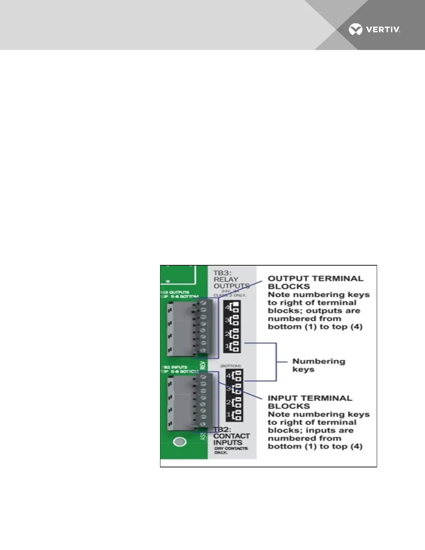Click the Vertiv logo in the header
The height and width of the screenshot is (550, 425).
click(x=374, y=30)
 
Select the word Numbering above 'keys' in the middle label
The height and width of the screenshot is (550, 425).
click(x=319, y=361)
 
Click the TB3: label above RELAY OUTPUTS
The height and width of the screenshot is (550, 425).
click(x=223, y=272)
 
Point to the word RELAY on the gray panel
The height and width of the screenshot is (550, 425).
click(x=226, y=279)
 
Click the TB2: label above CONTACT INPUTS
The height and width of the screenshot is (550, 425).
click(x=222, y=430)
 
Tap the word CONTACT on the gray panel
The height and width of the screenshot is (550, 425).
click(x=232, y=436)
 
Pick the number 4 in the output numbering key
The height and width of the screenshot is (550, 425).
click(x=227, y=307)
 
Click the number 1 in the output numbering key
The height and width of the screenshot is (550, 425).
click(x=227, y=346)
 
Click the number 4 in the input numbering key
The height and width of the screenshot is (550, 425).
click(x=228, y=376)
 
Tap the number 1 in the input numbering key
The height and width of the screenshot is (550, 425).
click(x=228, y=415)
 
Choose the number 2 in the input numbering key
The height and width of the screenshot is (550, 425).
click(x=228, y=402)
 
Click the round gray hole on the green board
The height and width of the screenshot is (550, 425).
click(x=180, y=442)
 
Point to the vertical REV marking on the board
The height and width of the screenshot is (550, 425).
click(x=203, y=366)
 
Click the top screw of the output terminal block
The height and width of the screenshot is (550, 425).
click(x=203, y=303)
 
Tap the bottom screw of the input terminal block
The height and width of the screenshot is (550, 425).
click(x=203, y=423)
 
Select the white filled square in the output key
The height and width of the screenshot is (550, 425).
click(x=236, y=305)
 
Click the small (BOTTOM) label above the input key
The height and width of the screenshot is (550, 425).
click(x=231, y=366)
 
